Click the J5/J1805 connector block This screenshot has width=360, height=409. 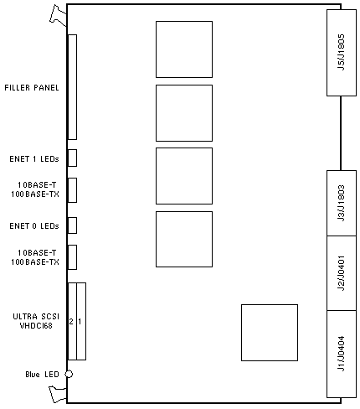[x=342, y=53]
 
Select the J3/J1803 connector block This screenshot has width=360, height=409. [x=342, y=203]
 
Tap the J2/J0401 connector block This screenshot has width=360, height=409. [x=342, y=273]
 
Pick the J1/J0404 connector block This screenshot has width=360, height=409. [x=342, y=354]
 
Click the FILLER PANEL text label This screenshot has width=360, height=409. [x=32, y=88]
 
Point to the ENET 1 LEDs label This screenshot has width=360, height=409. [x=34, y=159]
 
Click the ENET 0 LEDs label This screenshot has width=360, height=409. [x=34, y=225]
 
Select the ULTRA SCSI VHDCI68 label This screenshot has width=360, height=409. [x=36, y=321]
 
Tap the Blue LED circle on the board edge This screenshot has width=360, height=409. [x=69, y=374]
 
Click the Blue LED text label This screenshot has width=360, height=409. [x=42, y=375]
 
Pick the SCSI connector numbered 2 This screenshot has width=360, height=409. [x=72, y=321]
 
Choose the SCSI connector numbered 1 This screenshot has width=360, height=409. [x=81, y=321]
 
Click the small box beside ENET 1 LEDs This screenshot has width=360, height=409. [x=73, y=158]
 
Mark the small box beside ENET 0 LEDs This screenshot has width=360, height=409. [x=73, y=225]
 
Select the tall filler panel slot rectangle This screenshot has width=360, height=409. [x=73, y=87]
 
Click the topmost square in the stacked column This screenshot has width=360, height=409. [x=184, y=49]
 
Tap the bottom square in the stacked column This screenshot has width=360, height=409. [x=184, y=239]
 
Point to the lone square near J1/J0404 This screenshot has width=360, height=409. [x=270, y=333]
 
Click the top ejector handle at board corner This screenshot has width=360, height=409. [x=58, y=15]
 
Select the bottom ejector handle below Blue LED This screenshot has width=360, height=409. [x=58, y=394]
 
